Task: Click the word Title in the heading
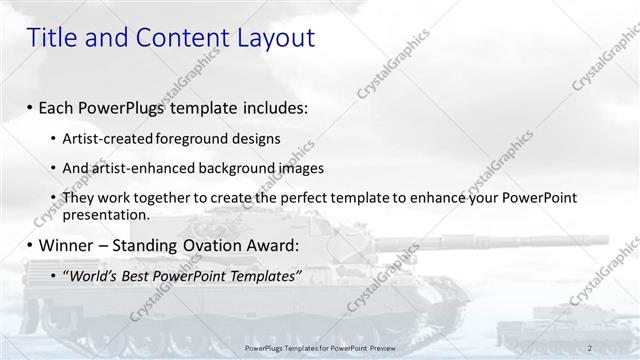pyautogui.click(x=50, y=38)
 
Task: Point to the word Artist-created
pyautogui.click(x=107, y=138)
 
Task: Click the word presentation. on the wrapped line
pyautogui.click(x=106, y=214)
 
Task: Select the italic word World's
pyautogui.click(x=93, y=275)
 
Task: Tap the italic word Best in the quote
pyautogui.click(x=143, y=275)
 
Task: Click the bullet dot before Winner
pyautogui.click(x=29, y=246)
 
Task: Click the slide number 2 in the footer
pyautogui.click(x=590, y=347)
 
